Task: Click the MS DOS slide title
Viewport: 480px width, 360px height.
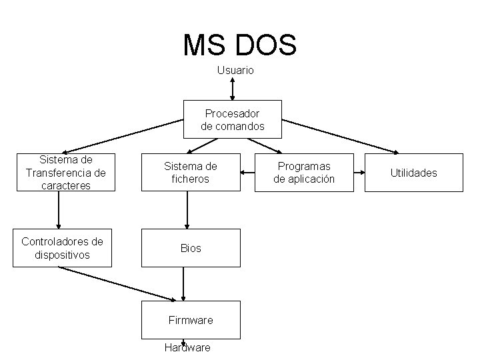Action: [239, 45]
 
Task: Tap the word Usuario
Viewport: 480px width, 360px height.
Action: [235, 70]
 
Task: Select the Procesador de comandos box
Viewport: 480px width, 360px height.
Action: [233, 119]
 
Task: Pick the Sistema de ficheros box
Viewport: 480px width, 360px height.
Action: [191, 173]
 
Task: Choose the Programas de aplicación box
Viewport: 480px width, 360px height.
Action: [306, 173]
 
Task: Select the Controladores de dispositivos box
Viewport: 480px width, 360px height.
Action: [63, 248]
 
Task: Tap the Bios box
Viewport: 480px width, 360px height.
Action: [191, 248]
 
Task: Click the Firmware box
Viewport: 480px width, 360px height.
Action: [191, 320]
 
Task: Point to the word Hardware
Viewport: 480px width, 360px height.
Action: [187, 347]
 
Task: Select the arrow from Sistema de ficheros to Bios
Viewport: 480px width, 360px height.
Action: [187, 210]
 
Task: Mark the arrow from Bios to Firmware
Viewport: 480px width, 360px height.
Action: [183, 283]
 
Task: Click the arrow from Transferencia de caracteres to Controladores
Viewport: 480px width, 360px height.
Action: [59, 210]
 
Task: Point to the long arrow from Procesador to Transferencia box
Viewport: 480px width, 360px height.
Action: [123, 136]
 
